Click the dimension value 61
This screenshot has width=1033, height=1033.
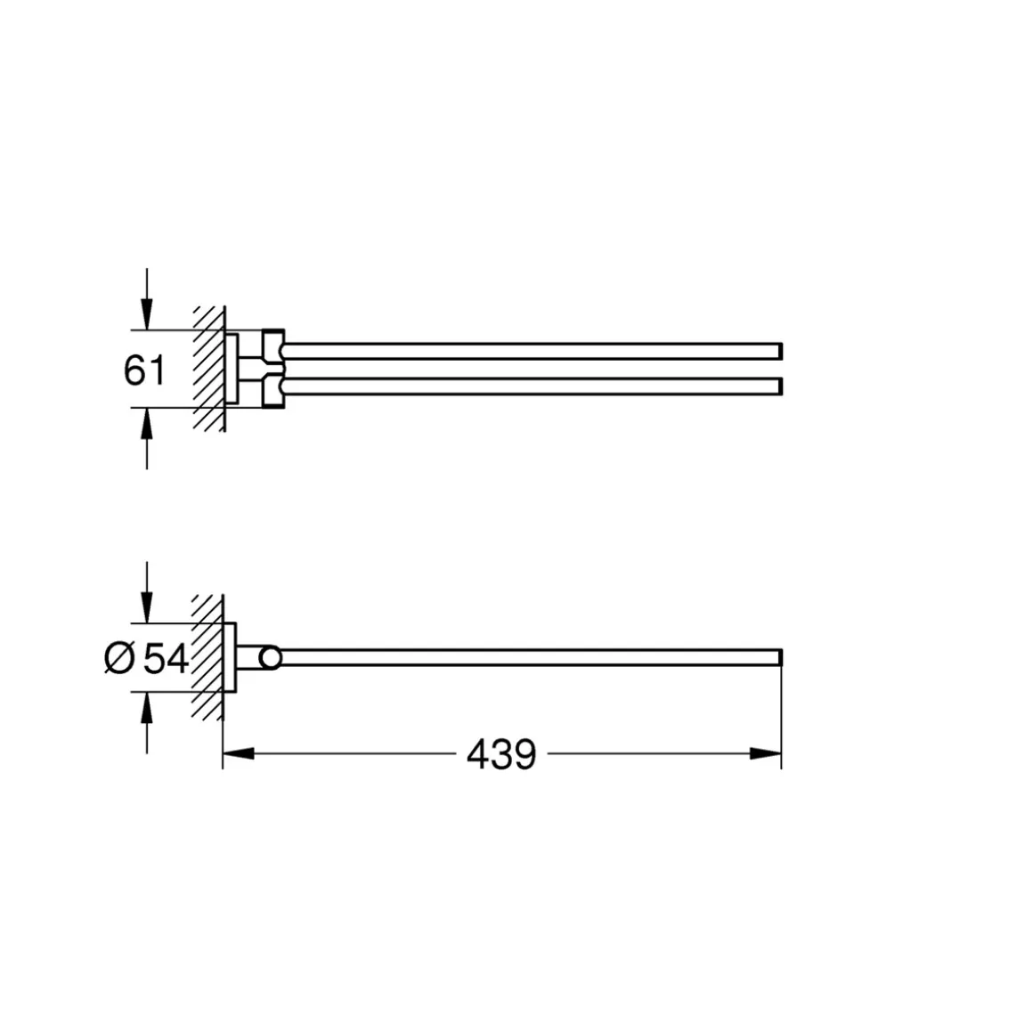point(144,370)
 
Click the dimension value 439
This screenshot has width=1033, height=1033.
point(501,754)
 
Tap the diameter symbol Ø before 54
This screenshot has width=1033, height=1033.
point(119,660)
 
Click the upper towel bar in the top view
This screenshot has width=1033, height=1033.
point(534,350)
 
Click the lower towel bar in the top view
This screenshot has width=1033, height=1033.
point(534,386)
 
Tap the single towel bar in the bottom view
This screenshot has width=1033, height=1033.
point(534,659)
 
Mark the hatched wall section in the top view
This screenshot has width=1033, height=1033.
point(207,370)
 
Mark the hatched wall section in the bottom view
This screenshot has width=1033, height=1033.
point(207,659)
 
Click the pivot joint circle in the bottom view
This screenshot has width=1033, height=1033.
point(270,659)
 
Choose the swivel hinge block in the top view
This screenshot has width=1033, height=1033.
point(272,369)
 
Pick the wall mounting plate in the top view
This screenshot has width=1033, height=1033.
point(231,369)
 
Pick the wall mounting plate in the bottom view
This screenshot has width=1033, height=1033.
point(230,659)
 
